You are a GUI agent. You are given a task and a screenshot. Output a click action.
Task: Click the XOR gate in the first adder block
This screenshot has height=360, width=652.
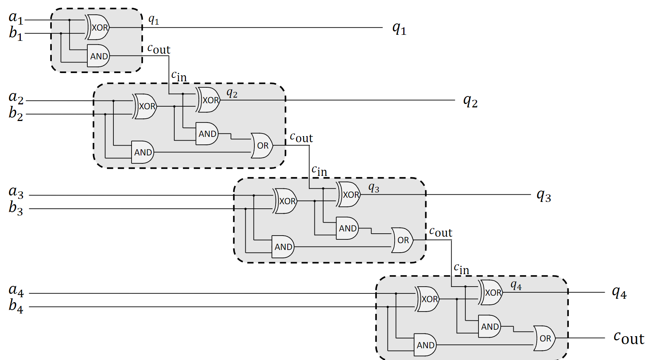click(x=98, y=27)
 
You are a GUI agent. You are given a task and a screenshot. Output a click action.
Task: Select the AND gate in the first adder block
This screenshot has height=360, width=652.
click(x=98, y=56)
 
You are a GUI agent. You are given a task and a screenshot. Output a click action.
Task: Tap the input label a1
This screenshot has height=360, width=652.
click(x=16, y=17)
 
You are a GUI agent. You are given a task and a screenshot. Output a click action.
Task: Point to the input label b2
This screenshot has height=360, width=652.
click(x=16, y=113)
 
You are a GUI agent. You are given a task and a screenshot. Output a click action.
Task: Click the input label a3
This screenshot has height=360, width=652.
click(x=16, y=192)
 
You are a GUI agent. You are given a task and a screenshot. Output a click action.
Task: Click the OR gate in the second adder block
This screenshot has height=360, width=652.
click(x=262, y=146)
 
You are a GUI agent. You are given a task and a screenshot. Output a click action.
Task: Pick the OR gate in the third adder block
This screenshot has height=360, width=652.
click(x=402, y=240)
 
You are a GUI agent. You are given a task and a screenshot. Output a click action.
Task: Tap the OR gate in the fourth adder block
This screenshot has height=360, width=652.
click(x=544, y=338)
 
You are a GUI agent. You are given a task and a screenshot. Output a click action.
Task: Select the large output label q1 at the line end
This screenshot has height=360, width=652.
click(x=399, y=28)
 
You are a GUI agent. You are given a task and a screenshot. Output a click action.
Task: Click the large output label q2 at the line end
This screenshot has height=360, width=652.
click(x=470, y=101)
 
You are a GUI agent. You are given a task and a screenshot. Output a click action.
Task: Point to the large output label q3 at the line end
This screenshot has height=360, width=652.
click(x=544, y=196)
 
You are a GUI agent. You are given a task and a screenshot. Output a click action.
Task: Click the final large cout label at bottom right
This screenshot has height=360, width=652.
click(x=629, y=338)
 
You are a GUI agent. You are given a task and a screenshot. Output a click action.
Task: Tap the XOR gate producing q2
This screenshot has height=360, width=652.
click(x=208, y=100)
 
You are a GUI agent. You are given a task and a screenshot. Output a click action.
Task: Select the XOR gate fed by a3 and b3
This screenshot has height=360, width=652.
click(x=285, y=201)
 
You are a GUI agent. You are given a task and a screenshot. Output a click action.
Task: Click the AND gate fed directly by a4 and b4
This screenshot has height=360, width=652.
click(x=425, y=345)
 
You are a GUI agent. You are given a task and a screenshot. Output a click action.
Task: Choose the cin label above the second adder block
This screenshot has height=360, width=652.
click(x=179, y=76)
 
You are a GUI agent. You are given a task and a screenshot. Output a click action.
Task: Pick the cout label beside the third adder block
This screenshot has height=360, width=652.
click(x=441, y=232)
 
